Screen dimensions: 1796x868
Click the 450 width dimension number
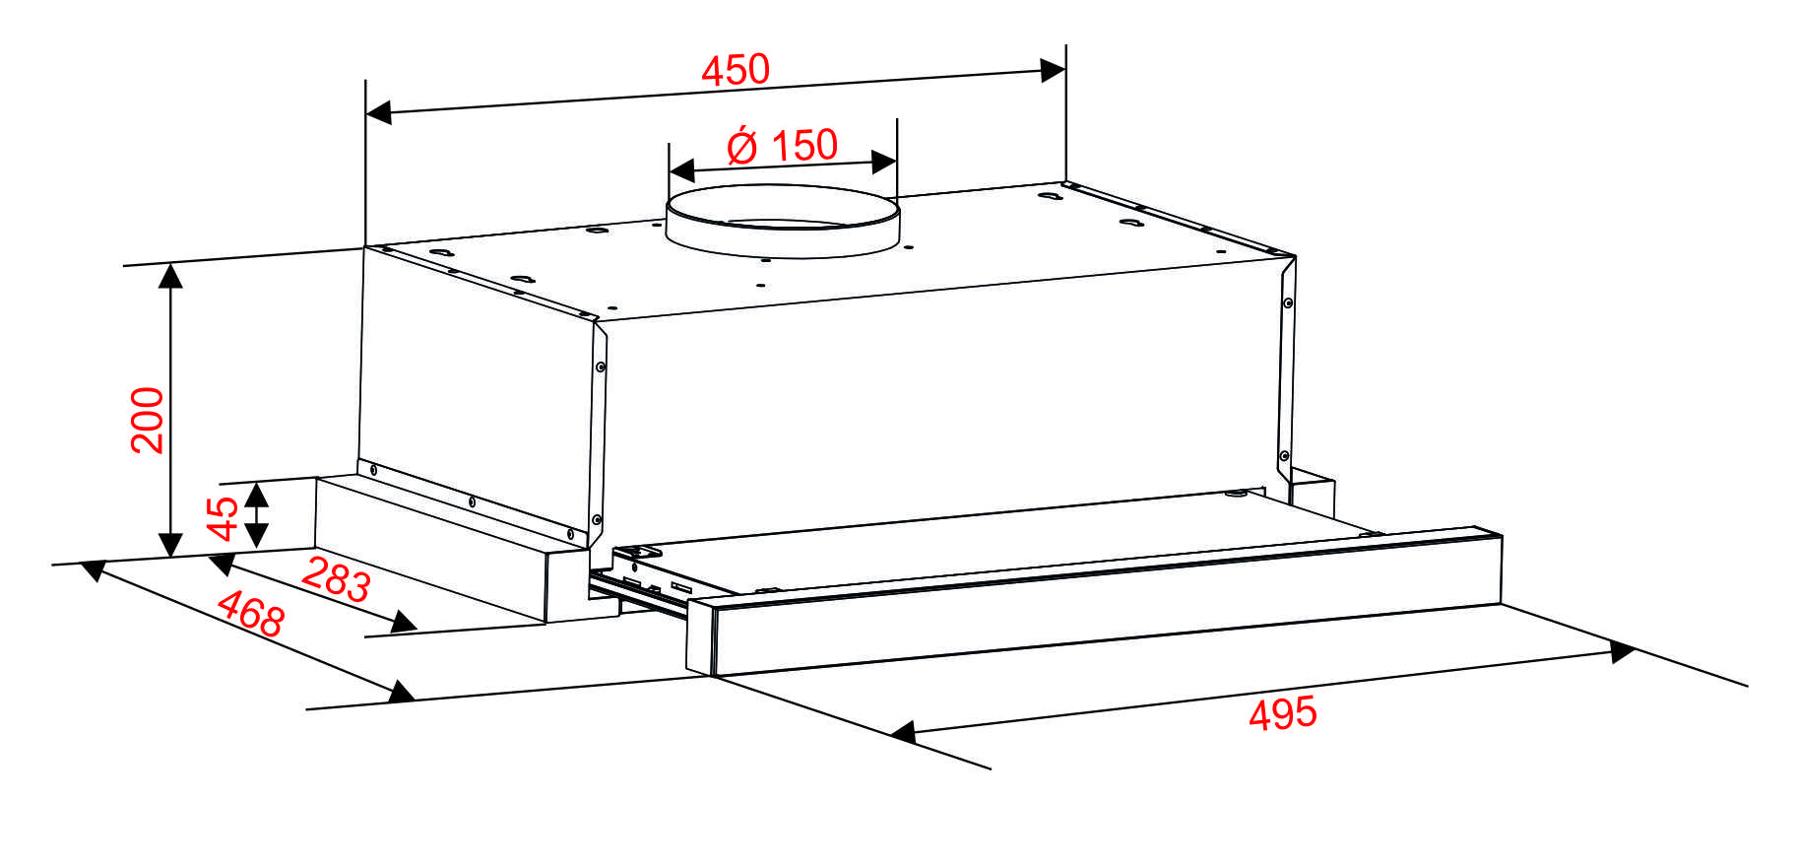[x=736, y=70]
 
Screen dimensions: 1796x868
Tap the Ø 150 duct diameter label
[x=783, y=146]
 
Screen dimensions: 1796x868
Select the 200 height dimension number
[x=148, y=420]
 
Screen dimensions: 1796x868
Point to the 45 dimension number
[x=224, y=518]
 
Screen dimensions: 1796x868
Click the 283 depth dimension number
[x=336, y=579]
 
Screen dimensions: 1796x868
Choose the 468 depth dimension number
[x=251, y=614]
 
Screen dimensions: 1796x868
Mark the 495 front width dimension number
[x=1283, y=713]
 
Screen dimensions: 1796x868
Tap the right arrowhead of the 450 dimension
[x=1053, y=71]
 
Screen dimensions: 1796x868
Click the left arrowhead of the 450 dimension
[x=379, y=112]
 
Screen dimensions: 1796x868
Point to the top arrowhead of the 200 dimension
[x=170, y=276]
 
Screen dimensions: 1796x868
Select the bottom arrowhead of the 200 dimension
[x=170, y=545]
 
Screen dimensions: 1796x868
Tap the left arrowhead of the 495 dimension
[x=903, y=732]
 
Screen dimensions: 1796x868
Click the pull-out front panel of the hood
[x=1095, y=604]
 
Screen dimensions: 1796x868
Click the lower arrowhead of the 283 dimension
[x=404, y=622]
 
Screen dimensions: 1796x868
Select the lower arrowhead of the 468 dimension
[x=402, y=692]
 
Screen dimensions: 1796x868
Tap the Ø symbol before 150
[x=742, y=146]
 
